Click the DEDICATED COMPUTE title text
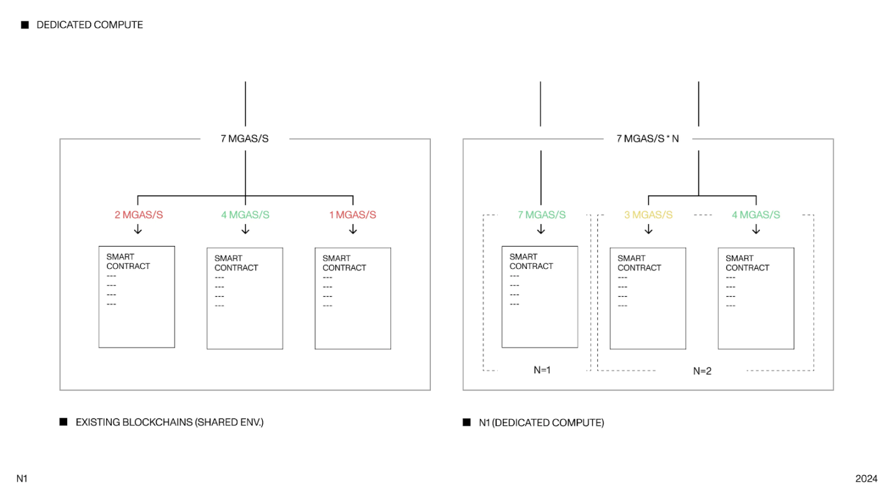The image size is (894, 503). [x=90, y=25]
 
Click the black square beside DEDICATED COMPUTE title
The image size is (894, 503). [x=25, y=25]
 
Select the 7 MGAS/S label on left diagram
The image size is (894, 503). [x=245, y=138]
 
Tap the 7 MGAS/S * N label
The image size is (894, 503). [x=648, y=138]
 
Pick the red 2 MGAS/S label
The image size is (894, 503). [x=139, y=215]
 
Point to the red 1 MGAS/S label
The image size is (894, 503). [x=353, y=215]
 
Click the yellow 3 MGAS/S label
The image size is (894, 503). [x=648, y=215]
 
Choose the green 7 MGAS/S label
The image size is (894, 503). [x=541, y=215]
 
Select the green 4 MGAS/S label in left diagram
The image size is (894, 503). [x=245, y=215]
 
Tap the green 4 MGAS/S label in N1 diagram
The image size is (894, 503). [x=756, y=215]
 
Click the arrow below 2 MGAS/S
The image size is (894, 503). [x=138, y=229]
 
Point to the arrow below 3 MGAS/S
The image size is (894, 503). [x=649, y=229]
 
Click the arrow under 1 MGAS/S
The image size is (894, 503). [x=353, y=229]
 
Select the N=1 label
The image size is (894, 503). [x=542, y=370]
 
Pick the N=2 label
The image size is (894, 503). [x=702, y=371]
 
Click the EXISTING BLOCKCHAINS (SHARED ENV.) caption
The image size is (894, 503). [x=169, y=422]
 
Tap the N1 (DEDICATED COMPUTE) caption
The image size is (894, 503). [x=541, y=423]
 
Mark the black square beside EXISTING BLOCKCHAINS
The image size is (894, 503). [x=63, y=422]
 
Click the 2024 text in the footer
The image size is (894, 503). [x=867, y=479]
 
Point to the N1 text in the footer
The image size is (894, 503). [x=22, y=479]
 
